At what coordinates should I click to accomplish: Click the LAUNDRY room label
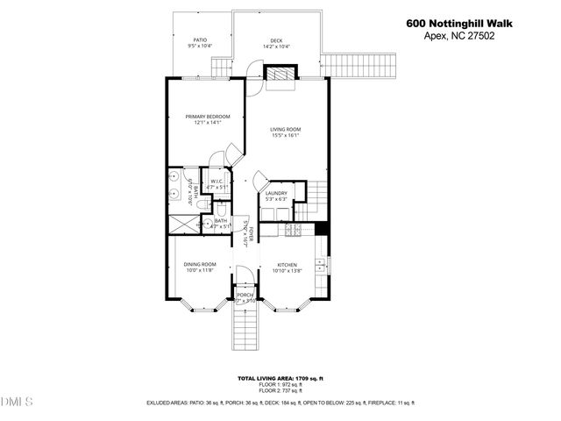tap(277, 196)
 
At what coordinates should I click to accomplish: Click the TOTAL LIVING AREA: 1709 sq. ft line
tap(280, 378)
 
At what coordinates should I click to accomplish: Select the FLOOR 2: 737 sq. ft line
tap(280, 390)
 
